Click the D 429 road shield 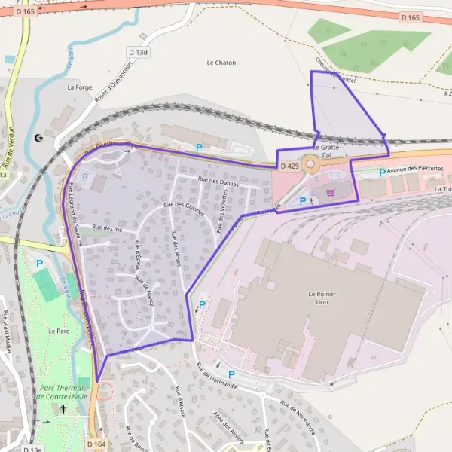tap(289, 165)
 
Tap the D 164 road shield tap(96, 444)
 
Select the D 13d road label tap(139, 52)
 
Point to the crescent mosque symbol tap(39, 138)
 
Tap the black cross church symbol tap(63, 409)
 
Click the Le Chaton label tap(221, 63)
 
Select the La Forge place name tap(79, 87)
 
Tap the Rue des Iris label tap(106, 227)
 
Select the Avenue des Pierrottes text tap(415, 169)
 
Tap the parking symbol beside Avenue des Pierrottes tap(382, 173)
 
